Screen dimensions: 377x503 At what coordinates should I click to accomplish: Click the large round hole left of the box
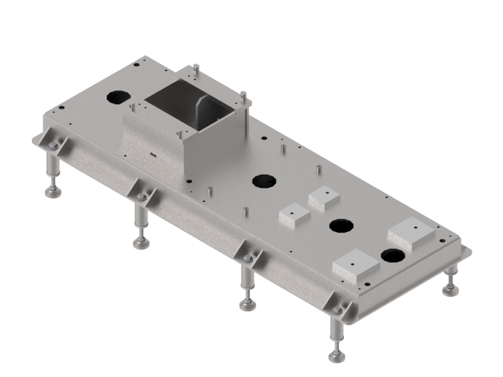pos(118,97)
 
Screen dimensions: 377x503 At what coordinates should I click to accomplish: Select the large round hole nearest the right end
pos(392,255)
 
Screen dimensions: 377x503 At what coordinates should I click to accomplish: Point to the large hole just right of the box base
pos(264,181)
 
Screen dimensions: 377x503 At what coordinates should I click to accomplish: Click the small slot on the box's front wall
pos(152,152)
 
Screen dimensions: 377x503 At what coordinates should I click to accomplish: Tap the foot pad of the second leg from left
pos(141,243)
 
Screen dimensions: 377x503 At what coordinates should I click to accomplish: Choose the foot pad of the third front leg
pos(248,305)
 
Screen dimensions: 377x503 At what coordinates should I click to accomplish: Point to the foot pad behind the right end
pos(450,290)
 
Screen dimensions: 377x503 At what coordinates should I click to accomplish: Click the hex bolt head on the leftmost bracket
pos(53,146)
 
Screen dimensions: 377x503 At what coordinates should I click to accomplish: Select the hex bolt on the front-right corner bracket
pos(337,310)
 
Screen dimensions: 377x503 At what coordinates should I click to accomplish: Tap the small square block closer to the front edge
pos(294,215)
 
